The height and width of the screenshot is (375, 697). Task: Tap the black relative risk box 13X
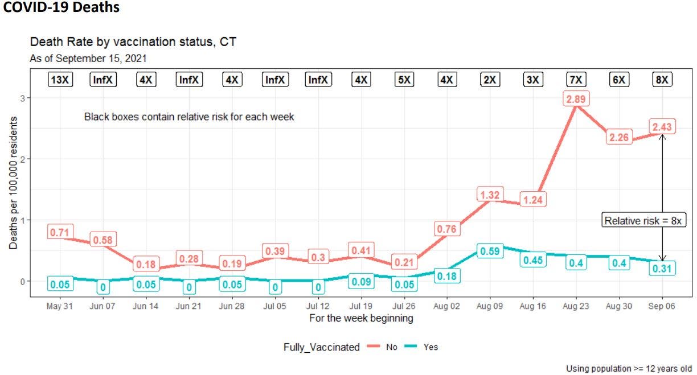click(60, 80)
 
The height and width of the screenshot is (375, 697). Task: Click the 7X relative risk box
click(575, 80)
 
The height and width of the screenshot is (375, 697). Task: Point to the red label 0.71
click(59, 232)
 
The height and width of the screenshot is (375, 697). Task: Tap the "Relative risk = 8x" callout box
click(643, 221)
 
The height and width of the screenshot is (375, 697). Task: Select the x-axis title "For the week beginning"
click(361, 318)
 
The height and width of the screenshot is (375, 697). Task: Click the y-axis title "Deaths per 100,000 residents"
click(13, 183)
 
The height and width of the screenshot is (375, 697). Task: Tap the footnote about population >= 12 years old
click(629, 368)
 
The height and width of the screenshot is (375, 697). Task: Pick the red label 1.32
click(489, 195)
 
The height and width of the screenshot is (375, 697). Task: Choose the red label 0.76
click(446, 229)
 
